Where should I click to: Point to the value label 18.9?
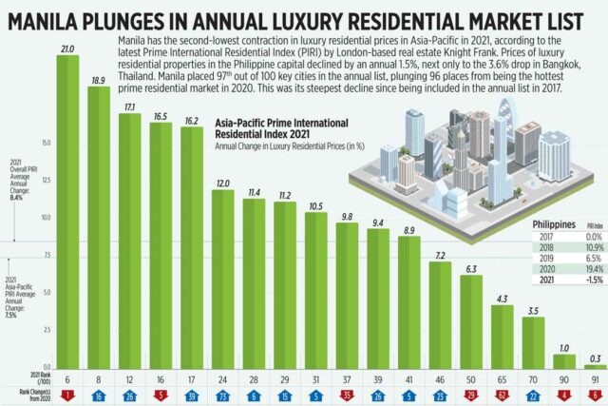(98, 81)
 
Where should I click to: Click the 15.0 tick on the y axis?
(45, 144)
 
